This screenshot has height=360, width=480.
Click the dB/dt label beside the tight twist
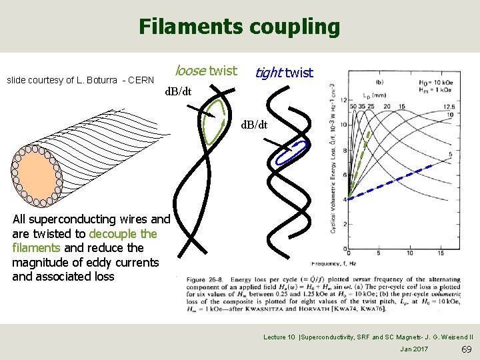coord(253,125)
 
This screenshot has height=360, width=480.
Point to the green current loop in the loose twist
coord(215,121)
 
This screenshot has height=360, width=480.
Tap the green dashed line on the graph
coord(358,167)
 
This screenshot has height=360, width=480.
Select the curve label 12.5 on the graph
coord(447,106)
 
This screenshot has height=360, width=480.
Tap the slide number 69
coord(466,350)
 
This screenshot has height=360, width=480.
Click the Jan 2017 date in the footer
coord(415,349)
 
